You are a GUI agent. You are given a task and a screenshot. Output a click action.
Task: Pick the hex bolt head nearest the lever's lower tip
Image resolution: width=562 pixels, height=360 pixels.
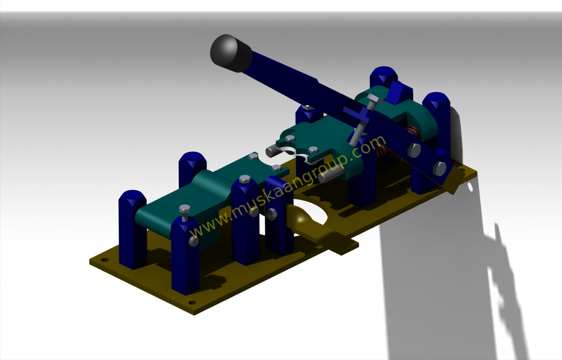[439, 167]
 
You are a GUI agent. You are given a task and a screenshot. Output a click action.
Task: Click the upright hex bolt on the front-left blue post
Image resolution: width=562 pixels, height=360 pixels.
[184, 211]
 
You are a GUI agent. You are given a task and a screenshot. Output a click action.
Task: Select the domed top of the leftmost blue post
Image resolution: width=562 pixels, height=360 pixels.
[132, 198]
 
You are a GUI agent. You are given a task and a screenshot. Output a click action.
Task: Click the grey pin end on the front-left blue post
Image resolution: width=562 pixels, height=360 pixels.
[193, 241]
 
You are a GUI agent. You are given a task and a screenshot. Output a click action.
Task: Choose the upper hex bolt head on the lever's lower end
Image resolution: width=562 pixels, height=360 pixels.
[414, 150]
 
